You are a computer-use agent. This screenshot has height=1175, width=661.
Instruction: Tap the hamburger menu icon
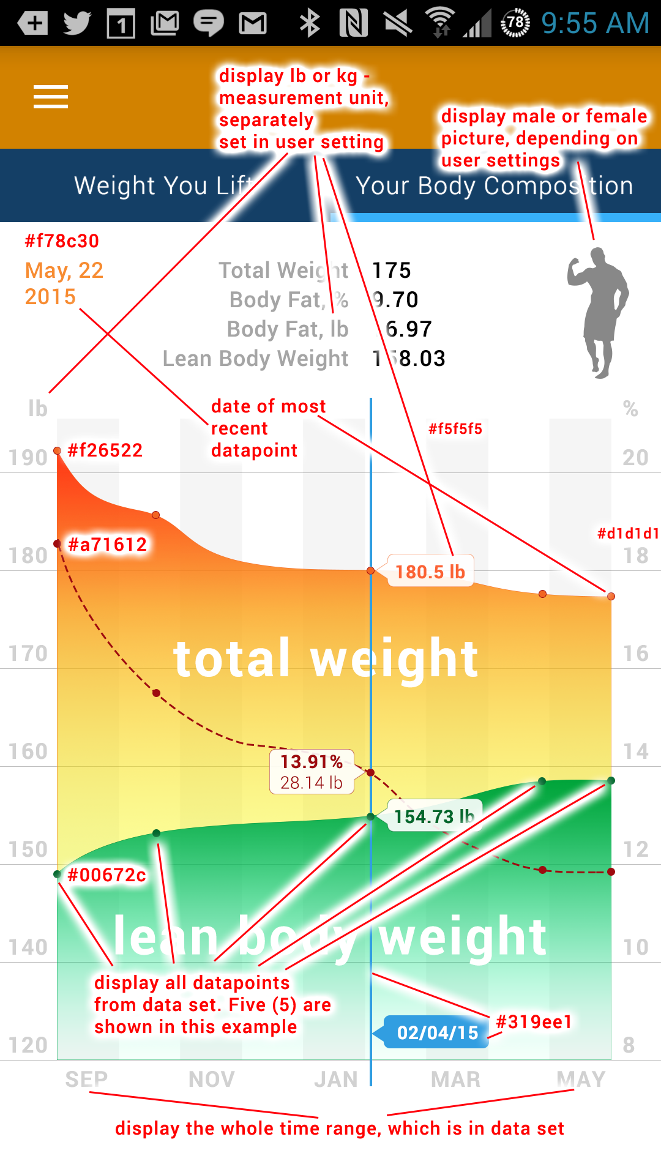51,97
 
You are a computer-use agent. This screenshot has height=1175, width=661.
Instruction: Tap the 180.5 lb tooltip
430,572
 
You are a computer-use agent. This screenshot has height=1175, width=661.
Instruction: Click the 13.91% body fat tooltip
312,772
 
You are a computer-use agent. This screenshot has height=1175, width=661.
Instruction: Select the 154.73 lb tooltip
434,816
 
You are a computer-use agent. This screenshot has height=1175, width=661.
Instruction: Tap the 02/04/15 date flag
437,1032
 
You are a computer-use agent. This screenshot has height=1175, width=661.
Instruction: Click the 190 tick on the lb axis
28,458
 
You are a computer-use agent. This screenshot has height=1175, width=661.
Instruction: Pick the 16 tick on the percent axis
636,654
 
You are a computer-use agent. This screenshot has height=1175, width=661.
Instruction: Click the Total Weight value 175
392,270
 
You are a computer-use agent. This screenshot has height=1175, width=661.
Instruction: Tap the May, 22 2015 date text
64,283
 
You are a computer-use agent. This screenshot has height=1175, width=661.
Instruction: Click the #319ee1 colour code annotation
534,1021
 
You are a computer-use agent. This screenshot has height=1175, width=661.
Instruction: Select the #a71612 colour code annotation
108,544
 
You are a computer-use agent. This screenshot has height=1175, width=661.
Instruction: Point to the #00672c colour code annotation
106,875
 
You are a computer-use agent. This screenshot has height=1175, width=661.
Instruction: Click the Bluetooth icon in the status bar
310,23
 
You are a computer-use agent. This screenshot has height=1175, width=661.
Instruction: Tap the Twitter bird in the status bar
77,23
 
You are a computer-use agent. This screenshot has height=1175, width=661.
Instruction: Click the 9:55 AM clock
595,23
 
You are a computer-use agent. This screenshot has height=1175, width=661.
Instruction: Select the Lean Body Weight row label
255,359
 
